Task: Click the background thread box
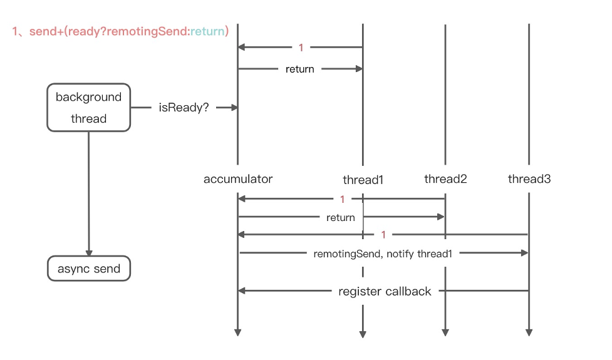tap(89, 108)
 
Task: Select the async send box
tap(89, 269)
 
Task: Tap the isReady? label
tap(184, 108)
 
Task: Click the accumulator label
tap(238, 179)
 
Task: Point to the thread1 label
tap(363, 180)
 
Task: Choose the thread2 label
tap(445, 179)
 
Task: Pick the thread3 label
tap(529, 179)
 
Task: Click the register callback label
tap(385, 291)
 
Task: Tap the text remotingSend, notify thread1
tap(382, 254)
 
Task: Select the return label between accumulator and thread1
tap(299, 69)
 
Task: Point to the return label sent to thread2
tap(341, 218)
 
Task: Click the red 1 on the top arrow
tap(301, 48)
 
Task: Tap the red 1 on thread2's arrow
tap(342, 200)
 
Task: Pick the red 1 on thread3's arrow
tap(383, 235)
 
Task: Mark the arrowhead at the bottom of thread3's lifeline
tap(529, 332)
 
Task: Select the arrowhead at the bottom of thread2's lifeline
tap(445, 332)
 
